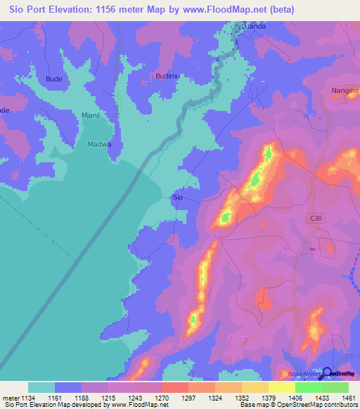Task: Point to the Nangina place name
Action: pyautogui.click(x=344, y=91)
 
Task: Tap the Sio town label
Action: pyautogui.click(x=178, y=198)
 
